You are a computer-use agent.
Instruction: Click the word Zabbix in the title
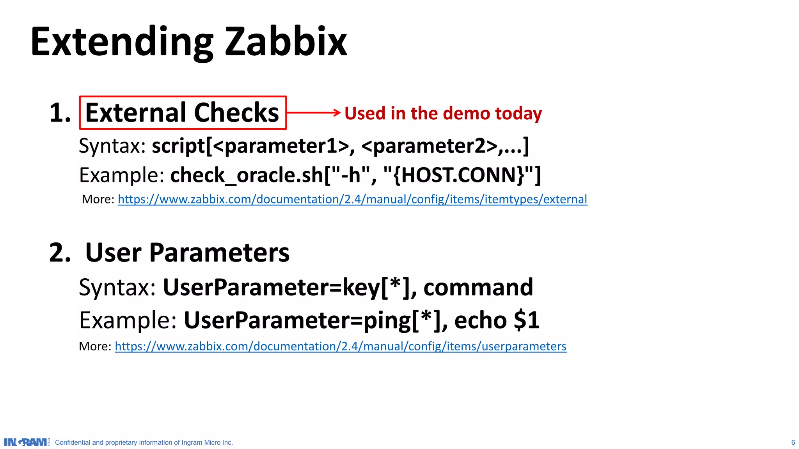286,42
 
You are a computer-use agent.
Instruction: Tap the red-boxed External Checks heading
183,113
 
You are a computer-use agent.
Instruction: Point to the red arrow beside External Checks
314,113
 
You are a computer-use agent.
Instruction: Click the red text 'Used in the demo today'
443,113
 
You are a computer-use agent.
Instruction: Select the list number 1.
60,113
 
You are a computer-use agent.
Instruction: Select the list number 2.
60,253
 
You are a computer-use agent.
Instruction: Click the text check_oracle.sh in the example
247,175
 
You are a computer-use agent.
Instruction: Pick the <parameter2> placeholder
429,146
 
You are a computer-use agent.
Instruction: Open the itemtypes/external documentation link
352,199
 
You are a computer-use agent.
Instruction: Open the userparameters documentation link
340,346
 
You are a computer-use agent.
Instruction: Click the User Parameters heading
187,253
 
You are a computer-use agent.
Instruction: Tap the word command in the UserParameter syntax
478,287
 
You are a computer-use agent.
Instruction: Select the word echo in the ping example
480,320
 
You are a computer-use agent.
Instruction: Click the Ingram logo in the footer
27,442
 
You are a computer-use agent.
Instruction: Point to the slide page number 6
793,442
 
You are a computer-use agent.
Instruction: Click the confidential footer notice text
144,442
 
